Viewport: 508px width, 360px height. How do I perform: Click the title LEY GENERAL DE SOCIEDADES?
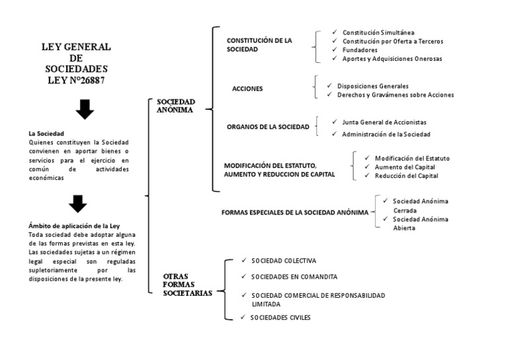point(76,63)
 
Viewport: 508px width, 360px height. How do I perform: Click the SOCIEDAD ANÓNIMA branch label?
point(175,107)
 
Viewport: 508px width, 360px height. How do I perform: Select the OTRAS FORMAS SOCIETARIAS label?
point(188,285)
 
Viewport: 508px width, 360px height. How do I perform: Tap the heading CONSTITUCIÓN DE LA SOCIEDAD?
point(259,45)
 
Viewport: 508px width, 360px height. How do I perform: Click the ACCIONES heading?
point(247,89)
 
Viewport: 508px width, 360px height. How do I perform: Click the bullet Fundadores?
point(360,50)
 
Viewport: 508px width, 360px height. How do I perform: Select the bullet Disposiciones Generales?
point(372,86)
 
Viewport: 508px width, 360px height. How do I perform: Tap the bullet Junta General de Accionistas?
point(384,122)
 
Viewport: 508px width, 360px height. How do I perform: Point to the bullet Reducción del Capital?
point(406,176)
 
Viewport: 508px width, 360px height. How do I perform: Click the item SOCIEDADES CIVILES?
point(280,318)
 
